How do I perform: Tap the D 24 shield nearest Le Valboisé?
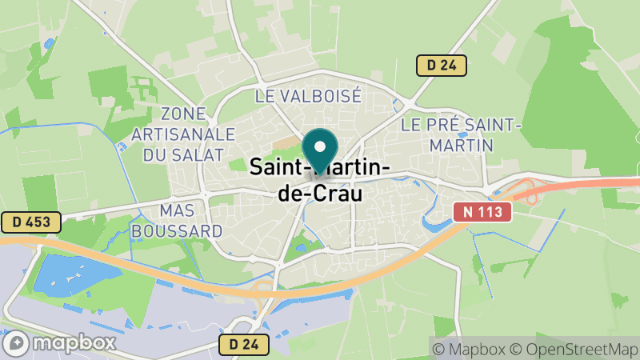(441, 66)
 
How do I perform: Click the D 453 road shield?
(30, 222)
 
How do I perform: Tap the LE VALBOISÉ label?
(308, 96)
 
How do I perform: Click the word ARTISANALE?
(185, 134)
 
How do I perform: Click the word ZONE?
(183, 114)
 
